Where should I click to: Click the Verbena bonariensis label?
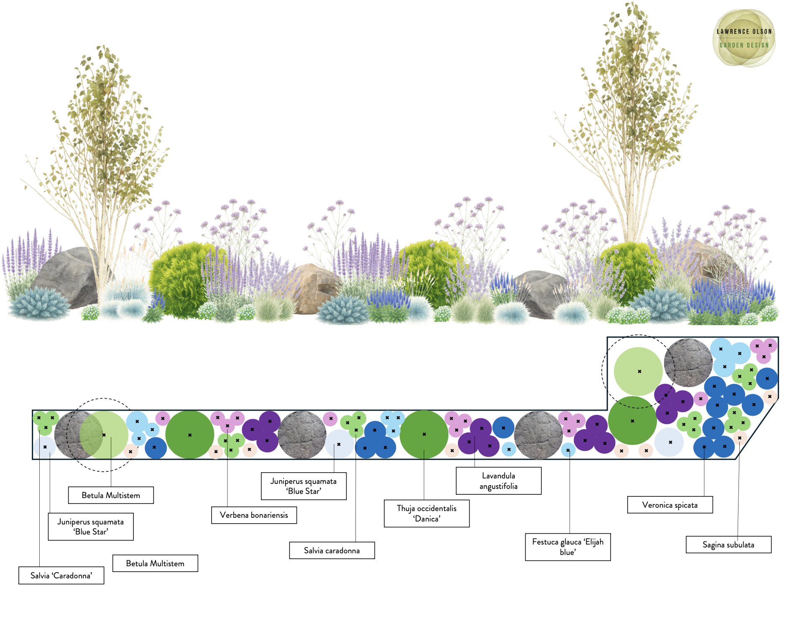(x=254, y=515)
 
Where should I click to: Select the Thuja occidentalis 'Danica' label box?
(x=427, y=513)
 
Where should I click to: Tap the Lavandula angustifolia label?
(x=498, y=481)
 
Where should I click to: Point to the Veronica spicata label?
(x=670, y=505)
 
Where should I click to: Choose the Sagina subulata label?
(x=728, y=545)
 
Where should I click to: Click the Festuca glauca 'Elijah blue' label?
(x=568, y=547)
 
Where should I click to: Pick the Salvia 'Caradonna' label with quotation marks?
(x=61, y=575)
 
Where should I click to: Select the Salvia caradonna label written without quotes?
(x=332, y=550)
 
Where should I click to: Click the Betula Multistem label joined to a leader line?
(x=111, y=495)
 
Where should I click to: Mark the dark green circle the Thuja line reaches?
(x=424, y=435)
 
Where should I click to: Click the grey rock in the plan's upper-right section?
(x=688, y=363)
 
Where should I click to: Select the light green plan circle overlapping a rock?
(x=104, y=435)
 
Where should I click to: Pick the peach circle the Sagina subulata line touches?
(x=740, y=438)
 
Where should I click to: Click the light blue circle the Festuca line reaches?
(x=568, y=450)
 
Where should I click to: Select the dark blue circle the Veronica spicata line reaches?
(x=705, y=447)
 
